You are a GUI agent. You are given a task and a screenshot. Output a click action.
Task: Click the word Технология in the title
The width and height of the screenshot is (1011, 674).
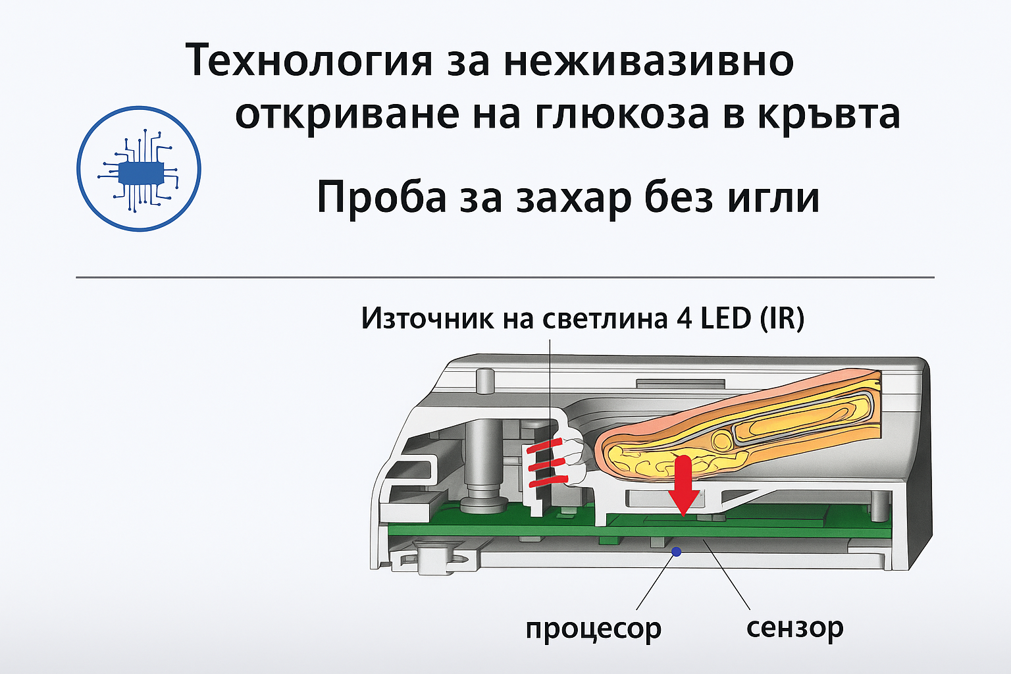309,62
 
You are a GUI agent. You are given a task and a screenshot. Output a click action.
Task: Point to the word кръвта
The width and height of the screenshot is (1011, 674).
829,116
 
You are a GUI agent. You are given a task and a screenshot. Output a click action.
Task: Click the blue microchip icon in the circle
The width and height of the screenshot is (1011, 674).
139,170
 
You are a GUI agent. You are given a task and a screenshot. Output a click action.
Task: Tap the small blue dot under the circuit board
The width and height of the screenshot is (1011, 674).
676,551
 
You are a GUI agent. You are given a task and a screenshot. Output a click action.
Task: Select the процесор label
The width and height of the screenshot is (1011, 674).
594,629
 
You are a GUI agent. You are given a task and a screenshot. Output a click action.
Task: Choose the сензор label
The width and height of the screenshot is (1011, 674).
795,627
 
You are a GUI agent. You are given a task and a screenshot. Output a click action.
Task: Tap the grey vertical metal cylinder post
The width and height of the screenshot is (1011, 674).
482,465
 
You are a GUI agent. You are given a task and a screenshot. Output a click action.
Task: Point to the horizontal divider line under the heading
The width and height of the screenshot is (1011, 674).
505,277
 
